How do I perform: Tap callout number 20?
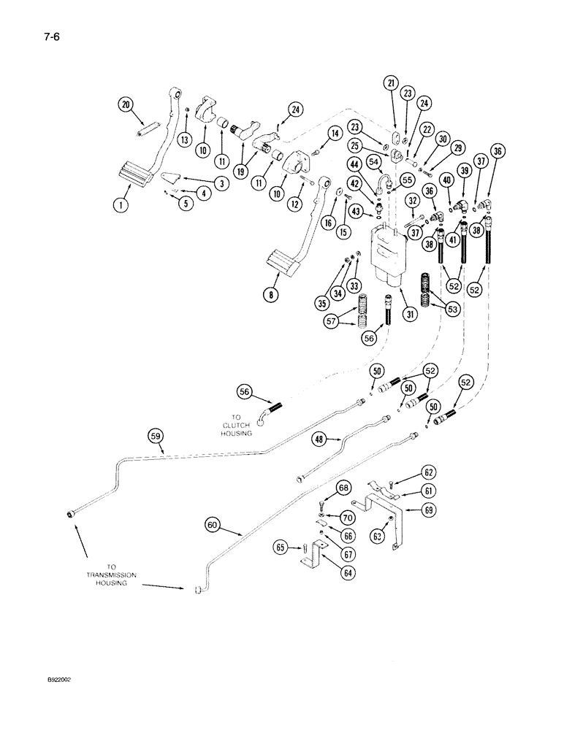tap(126, 105)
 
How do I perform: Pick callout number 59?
tap(155, 437)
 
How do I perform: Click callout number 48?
tap(319, 440)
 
